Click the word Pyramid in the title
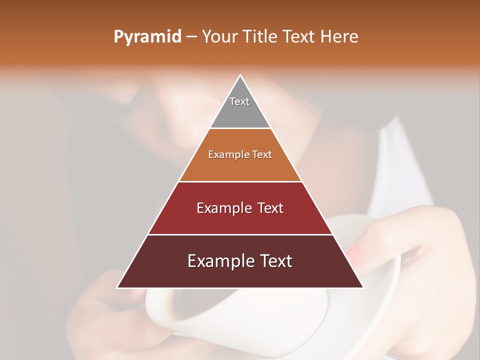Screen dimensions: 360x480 [x=147, y=37]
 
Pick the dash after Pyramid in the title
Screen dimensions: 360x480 [x=191, y=37]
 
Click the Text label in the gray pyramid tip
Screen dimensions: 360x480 [x=239, y=101]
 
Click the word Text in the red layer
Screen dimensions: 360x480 [x=270, y=208]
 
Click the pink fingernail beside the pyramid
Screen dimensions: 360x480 [x=356, y=255]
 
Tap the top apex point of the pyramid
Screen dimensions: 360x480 [x=240, y=75]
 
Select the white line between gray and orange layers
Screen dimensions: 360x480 [x=240, y=128]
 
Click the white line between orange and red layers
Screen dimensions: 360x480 [x=240, y=181]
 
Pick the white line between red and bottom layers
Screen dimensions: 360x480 [x=240, y=234]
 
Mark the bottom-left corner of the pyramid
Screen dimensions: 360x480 [x=117, y=287]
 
